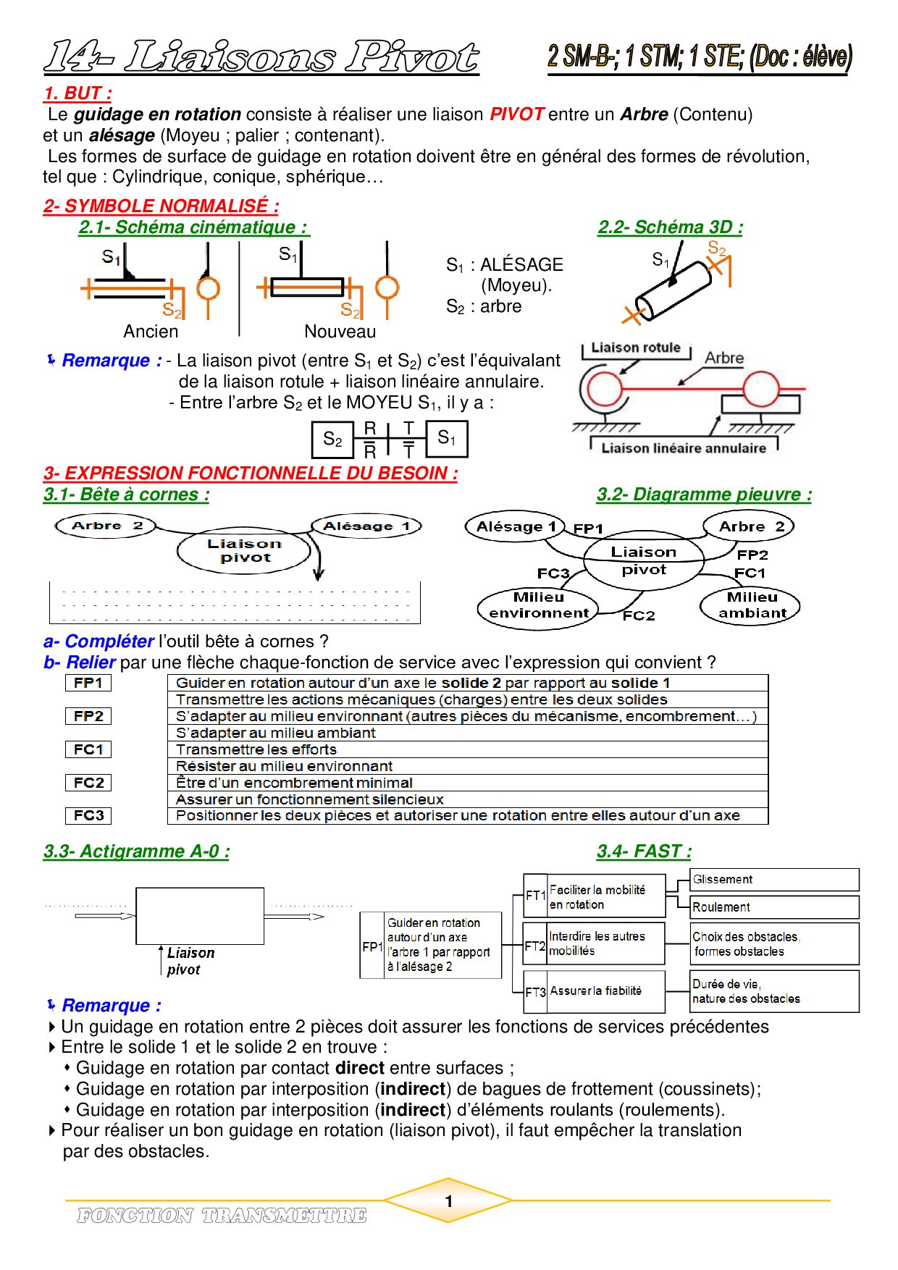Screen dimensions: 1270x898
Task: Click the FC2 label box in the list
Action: tap(88, 783)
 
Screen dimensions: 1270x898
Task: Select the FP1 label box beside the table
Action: tap(88, 683)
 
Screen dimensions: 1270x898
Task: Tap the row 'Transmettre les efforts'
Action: tap(467, 749)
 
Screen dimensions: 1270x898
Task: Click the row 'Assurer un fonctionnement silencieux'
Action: tap(467, 799)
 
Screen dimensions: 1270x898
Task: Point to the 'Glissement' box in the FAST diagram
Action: tap(774, 880)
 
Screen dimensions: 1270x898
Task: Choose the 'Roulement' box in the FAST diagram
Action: tap(774, 907)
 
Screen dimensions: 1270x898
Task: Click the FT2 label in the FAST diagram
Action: tap(535, 946)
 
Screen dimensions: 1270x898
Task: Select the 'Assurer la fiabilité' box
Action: tap(605, 991)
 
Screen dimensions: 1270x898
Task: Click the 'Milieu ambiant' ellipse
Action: tap(751, 605)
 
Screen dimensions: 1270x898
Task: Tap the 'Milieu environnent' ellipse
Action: tap(539, 606)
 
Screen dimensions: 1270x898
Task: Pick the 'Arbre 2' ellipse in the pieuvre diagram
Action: tap(750, 526)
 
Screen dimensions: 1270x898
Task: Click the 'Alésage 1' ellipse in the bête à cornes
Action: tap(366, 526)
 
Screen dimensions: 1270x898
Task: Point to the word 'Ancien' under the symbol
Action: tap(151, 332)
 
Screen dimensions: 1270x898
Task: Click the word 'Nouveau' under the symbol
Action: tap(340, 332)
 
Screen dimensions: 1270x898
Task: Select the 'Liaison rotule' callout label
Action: tap(636, 348)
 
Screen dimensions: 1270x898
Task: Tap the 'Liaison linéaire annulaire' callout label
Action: tap(683, 448)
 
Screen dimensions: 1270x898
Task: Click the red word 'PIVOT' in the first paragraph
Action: tap(516, 114)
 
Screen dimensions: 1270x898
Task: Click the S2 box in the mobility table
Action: tap(332, 440)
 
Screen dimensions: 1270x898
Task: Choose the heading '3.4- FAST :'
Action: tap(644, 851)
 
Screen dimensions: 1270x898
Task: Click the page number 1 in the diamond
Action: tap(449, 1201)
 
